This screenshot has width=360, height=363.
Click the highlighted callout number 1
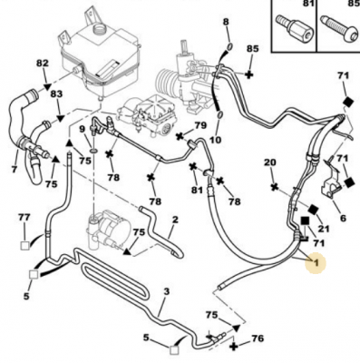pyautogui.click(x=316, y=262)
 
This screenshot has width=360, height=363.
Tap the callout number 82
pyautogui.click(x=43, y=64)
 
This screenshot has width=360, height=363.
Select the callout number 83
pyautogui.click(x=56, y=93)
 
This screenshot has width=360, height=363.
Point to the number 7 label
pyautogui.click(x=15, y=169)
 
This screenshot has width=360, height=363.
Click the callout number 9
pyautogui.click(x=83, y=130)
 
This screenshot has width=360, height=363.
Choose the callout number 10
pyautogui.click(x=215, y=140)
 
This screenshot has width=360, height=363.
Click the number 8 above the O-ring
pyautogui.click(x=226, y=22)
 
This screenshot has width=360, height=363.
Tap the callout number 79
pyautogui.click(x=199, y=125)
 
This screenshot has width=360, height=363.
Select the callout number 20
pyautogui.click(x=270, y=162)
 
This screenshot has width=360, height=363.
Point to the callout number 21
pyautogui.click(x=323, y=229)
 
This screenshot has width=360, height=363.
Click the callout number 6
pyautogui.click(x=343, y=218)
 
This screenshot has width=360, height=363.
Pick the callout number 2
pyautogui.click(x=175, y=220)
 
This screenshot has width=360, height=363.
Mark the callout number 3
pyautogui.click(x=167, y=292)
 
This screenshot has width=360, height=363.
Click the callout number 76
pyautogui.click(x=258, y=338)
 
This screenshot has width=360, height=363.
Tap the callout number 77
pyautogui.click(x=24, y=217)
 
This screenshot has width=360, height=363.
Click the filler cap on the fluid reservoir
pyautogui.click(x=99, y=30)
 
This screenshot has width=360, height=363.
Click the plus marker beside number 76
pyautogui.click(x=234, y=346)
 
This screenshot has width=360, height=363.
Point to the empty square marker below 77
pyautogui.click(x=24, y=246)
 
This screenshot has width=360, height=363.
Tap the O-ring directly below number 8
pyautogui.click(x=229, y=46)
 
